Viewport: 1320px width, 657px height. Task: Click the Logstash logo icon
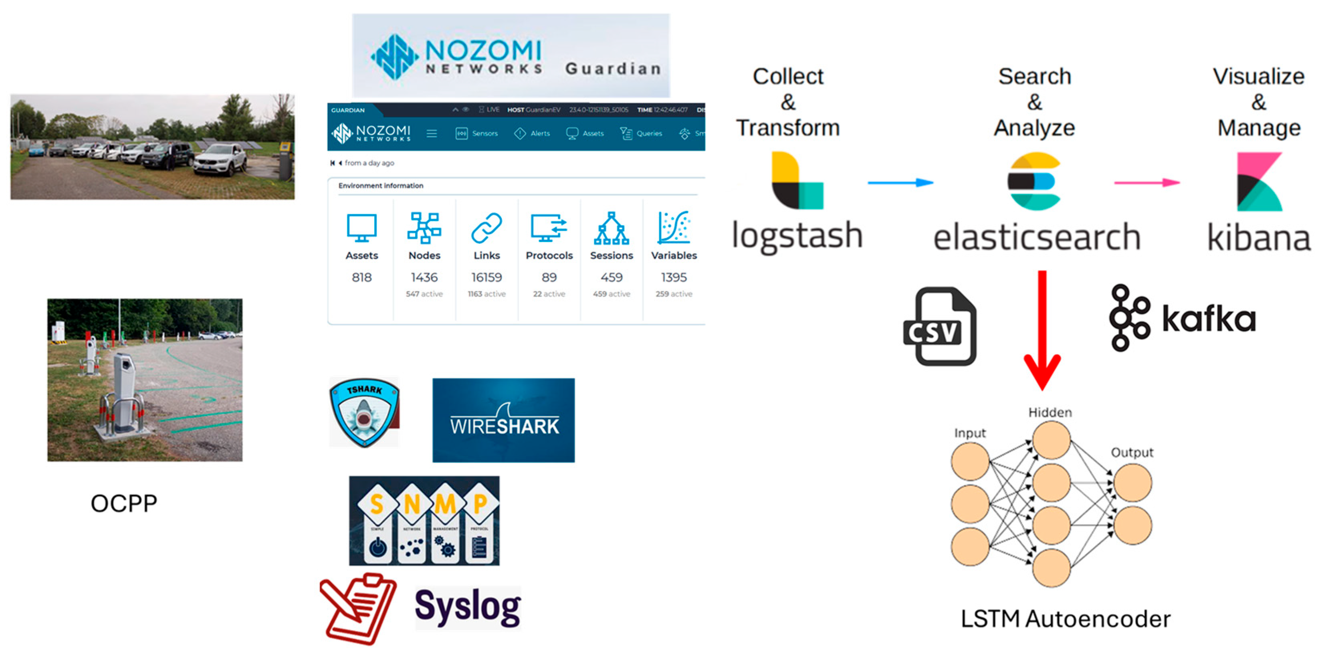click(797, 180)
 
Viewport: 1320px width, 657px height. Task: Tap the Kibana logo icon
click(1259, 182)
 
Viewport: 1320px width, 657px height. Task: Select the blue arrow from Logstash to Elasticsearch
click(900, 182)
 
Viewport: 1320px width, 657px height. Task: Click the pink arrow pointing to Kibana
click(1147, 182)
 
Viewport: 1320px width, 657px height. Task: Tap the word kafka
click(1208, 319)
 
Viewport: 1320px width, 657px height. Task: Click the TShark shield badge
click(364, 412)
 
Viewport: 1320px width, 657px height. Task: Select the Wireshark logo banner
click(503, 420)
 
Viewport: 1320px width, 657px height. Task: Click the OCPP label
click(123, 503)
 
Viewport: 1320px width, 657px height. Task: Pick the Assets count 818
click(361, 277)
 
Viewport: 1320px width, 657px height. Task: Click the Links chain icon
click(486, 228)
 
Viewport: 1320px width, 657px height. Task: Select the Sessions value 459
click(612, 277)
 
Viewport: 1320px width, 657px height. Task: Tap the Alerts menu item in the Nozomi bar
click(533, 133)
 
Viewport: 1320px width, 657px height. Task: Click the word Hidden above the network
click(1050, 412)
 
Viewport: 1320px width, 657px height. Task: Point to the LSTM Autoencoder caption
click(1065, 619)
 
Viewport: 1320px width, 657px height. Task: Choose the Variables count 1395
click(674, 277)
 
